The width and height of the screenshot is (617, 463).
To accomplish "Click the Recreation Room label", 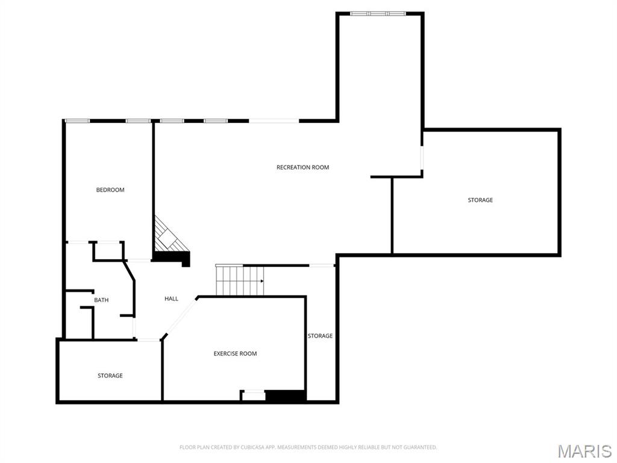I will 302,167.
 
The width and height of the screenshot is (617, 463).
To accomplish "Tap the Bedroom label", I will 110,190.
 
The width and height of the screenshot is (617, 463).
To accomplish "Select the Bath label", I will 101,300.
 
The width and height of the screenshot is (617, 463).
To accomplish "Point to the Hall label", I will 171,298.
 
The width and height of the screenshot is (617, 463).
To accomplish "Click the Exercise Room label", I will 235,353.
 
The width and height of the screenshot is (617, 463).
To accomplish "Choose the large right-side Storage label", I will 480,200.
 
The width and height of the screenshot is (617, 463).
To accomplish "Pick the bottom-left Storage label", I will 110,376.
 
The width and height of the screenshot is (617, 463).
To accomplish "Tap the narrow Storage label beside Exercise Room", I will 320,336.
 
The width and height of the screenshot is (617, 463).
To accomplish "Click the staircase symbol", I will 240,281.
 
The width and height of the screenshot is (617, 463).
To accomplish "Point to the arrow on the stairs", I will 262,281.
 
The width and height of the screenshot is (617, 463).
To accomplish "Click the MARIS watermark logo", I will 584,451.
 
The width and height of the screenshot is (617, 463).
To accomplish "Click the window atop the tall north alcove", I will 378,13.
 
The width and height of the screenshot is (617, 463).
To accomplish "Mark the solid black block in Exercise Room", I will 286,396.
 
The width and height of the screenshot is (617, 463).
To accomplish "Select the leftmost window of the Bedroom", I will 77,121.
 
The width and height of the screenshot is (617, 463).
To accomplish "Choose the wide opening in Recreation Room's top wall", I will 274,121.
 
